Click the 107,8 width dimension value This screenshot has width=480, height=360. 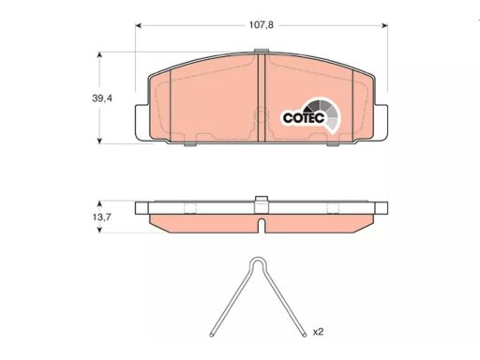(261, 25)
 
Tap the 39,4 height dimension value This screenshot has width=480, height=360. (102, 98)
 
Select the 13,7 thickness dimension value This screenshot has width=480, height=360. (101, 217)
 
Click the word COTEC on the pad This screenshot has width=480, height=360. (304, 118)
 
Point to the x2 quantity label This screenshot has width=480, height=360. (318, 332)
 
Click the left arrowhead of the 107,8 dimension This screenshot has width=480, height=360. (139, 25)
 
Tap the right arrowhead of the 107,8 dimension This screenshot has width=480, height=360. (384, 25)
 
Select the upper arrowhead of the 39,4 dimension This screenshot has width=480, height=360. (99, 55)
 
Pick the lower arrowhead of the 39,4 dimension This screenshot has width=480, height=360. (99, 141)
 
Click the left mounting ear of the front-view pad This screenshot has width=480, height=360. (142, 122)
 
